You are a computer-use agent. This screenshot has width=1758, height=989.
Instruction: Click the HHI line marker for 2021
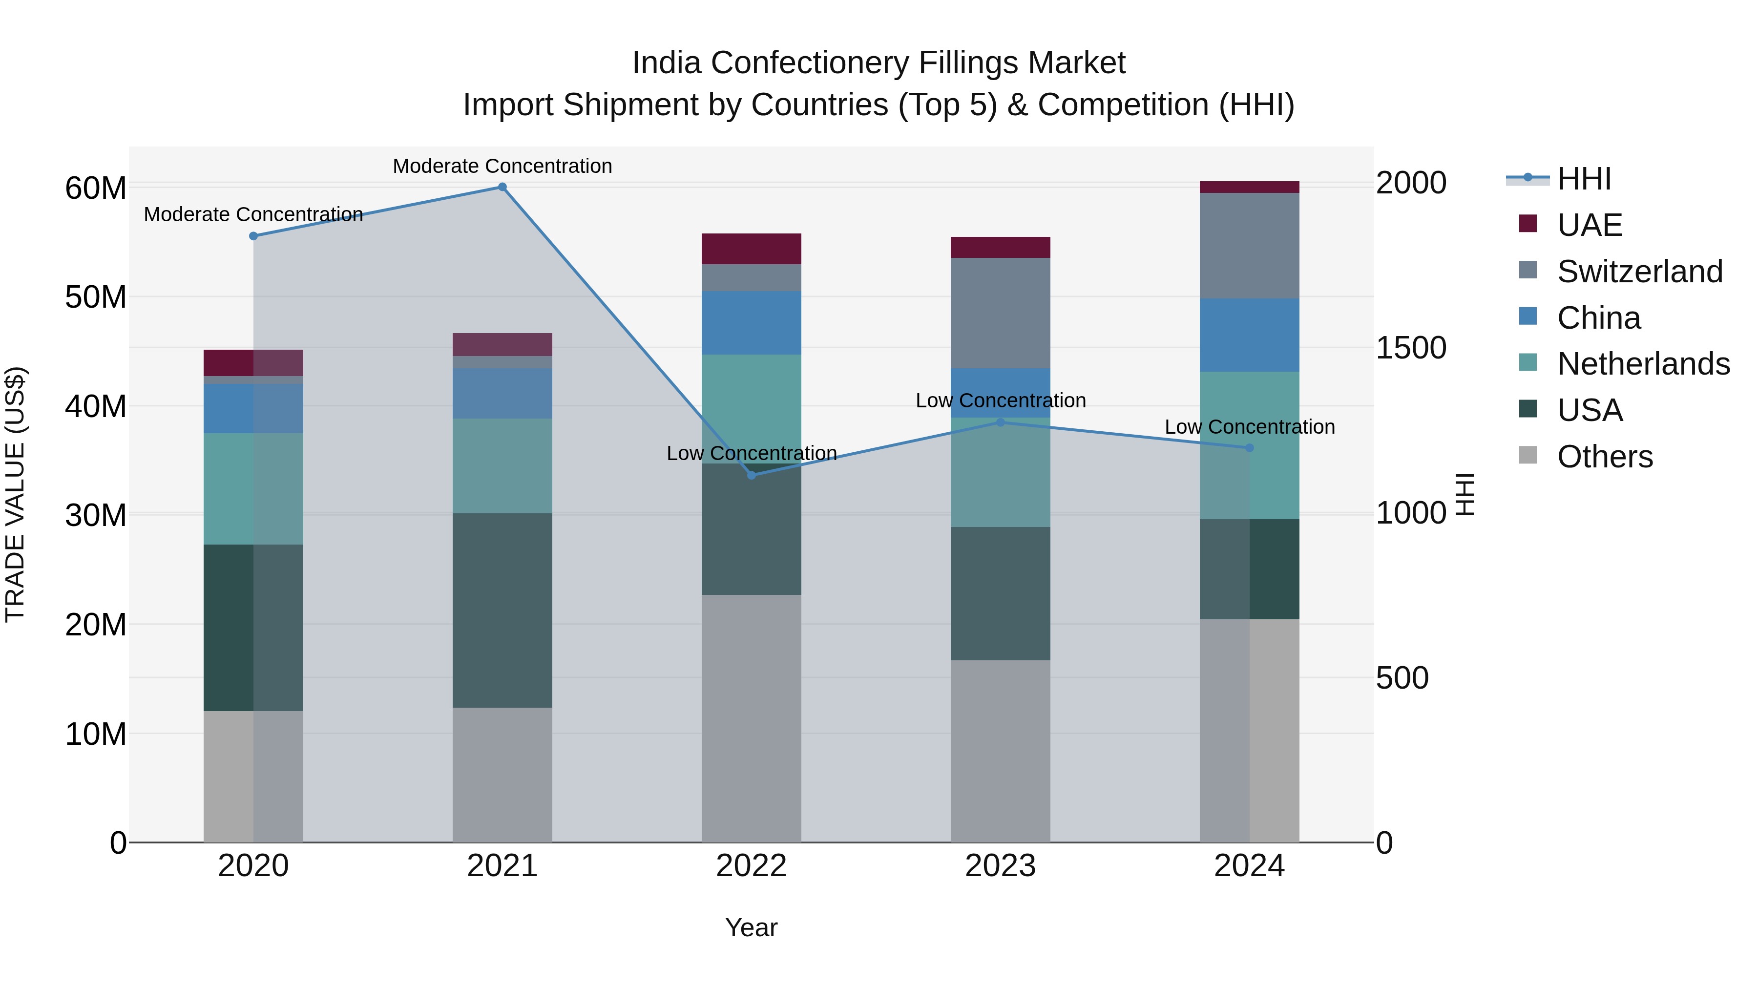click(502, 187)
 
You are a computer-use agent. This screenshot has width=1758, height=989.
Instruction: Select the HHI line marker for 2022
click(752, 475)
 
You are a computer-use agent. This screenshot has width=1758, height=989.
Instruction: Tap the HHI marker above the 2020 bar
click(253, 236)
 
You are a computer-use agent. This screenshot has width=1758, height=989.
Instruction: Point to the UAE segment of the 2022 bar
click(752, 249)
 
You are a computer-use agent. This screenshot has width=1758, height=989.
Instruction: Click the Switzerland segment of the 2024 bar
click(1250, 246)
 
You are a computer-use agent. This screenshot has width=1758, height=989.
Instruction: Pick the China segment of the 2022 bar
click(752, 323)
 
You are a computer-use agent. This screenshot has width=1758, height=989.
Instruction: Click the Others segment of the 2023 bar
click(1001, 751)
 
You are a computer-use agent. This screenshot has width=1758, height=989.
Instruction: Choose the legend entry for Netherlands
click(1643, 364)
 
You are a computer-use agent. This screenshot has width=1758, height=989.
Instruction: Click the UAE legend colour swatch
click(1528, 224)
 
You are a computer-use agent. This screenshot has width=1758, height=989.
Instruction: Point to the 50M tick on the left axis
click(96, 297)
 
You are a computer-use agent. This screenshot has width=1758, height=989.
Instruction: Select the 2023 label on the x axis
click(1001, 866)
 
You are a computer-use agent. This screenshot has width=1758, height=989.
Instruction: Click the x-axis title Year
click(752, 927)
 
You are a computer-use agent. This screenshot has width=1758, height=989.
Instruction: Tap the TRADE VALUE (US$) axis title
click(16, 494)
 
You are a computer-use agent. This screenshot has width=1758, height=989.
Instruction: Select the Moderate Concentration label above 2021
click(502, 166)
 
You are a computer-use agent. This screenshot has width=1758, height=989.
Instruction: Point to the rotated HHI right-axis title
click(1465, 494)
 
